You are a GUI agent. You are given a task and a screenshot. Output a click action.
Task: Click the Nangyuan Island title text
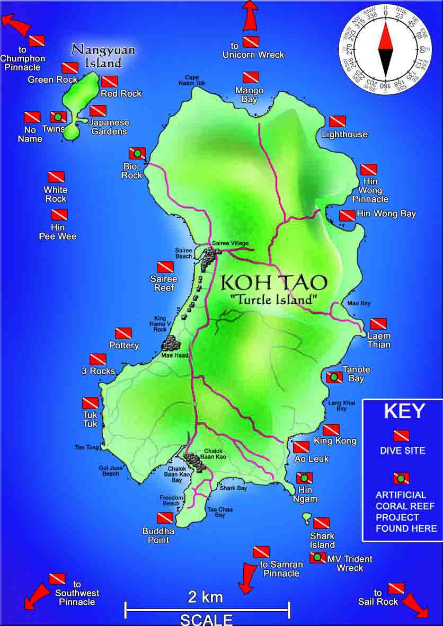coord(103,56)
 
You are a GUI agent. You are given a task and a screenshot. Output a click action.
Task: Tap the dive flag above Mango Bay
coord(251,77)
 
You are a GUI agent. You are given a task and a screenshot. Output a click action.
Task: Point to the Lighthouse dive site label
coord(344,135)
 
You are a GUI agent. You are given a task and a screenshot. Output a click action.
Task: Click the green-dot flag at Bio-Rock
coord(137,154)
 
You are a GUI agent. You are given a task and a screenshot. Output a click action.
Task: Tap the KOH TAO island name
coord(273,282)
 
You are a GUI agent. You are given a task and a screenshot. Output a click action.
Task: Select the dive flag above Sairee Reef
coord(165,267)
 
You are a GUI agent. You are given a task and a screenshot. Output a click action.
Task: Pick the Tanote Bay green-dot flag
coord(334,377)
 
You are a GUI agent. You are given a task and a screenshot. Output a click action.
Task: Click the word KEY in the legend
coord(404,412)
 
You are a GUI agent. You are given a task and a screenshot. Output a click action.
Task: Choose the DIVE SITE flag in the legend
coord(401,436)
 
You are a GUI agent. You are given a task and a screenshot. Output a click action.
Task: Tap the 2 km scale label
coord(206,597)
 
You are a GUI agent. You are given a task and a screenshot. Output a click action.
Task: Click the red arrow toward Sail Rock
coord(414,605)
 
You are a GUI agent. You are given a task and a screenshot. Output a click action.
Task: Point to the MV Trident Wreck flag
coord(317,558)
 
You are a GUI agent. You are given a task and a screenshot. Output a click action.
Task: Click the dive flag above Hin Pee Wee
coord(59,215)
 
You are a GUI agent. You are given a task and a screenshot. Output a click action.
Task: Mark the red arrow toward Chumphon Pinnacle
coord(16,24)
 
